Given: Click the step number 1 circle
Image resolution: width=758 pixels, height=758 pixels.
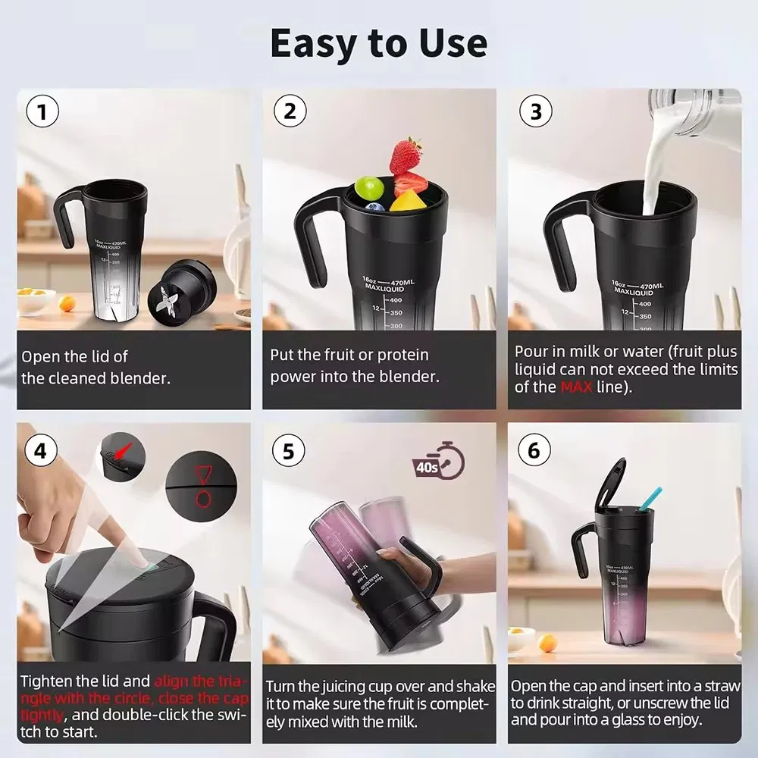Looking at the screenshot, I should [42, 112].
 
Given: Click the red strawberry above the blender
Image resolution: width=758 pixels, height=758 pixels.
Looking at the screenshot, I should [407, 155].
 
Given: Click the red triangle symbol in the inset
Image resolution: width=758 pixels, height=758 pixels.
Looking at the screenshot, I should [203, 475].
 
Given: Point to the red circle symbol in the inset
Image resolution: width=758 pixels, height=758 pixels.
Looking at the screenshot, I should [203, 498].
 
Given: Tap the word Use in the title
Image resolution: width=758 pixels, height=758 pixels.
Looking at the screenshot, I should [453, 44].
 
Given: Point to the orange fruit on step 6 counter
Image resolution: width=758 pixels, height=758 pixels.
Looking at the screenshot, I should [547, 643].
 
